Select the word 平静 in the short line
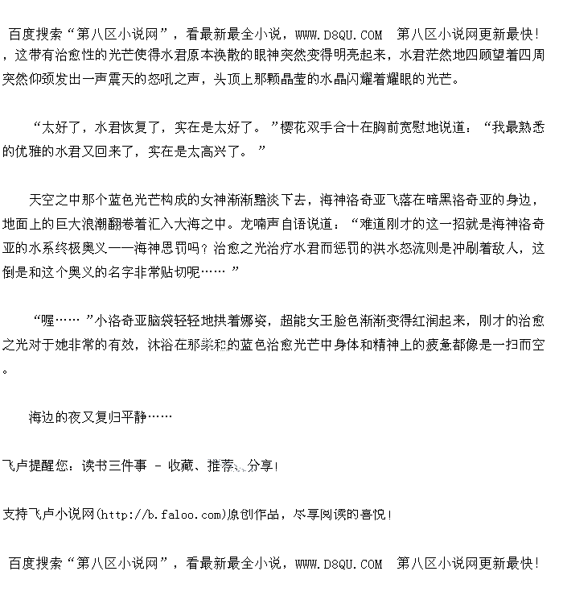(x=134, y=417)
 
